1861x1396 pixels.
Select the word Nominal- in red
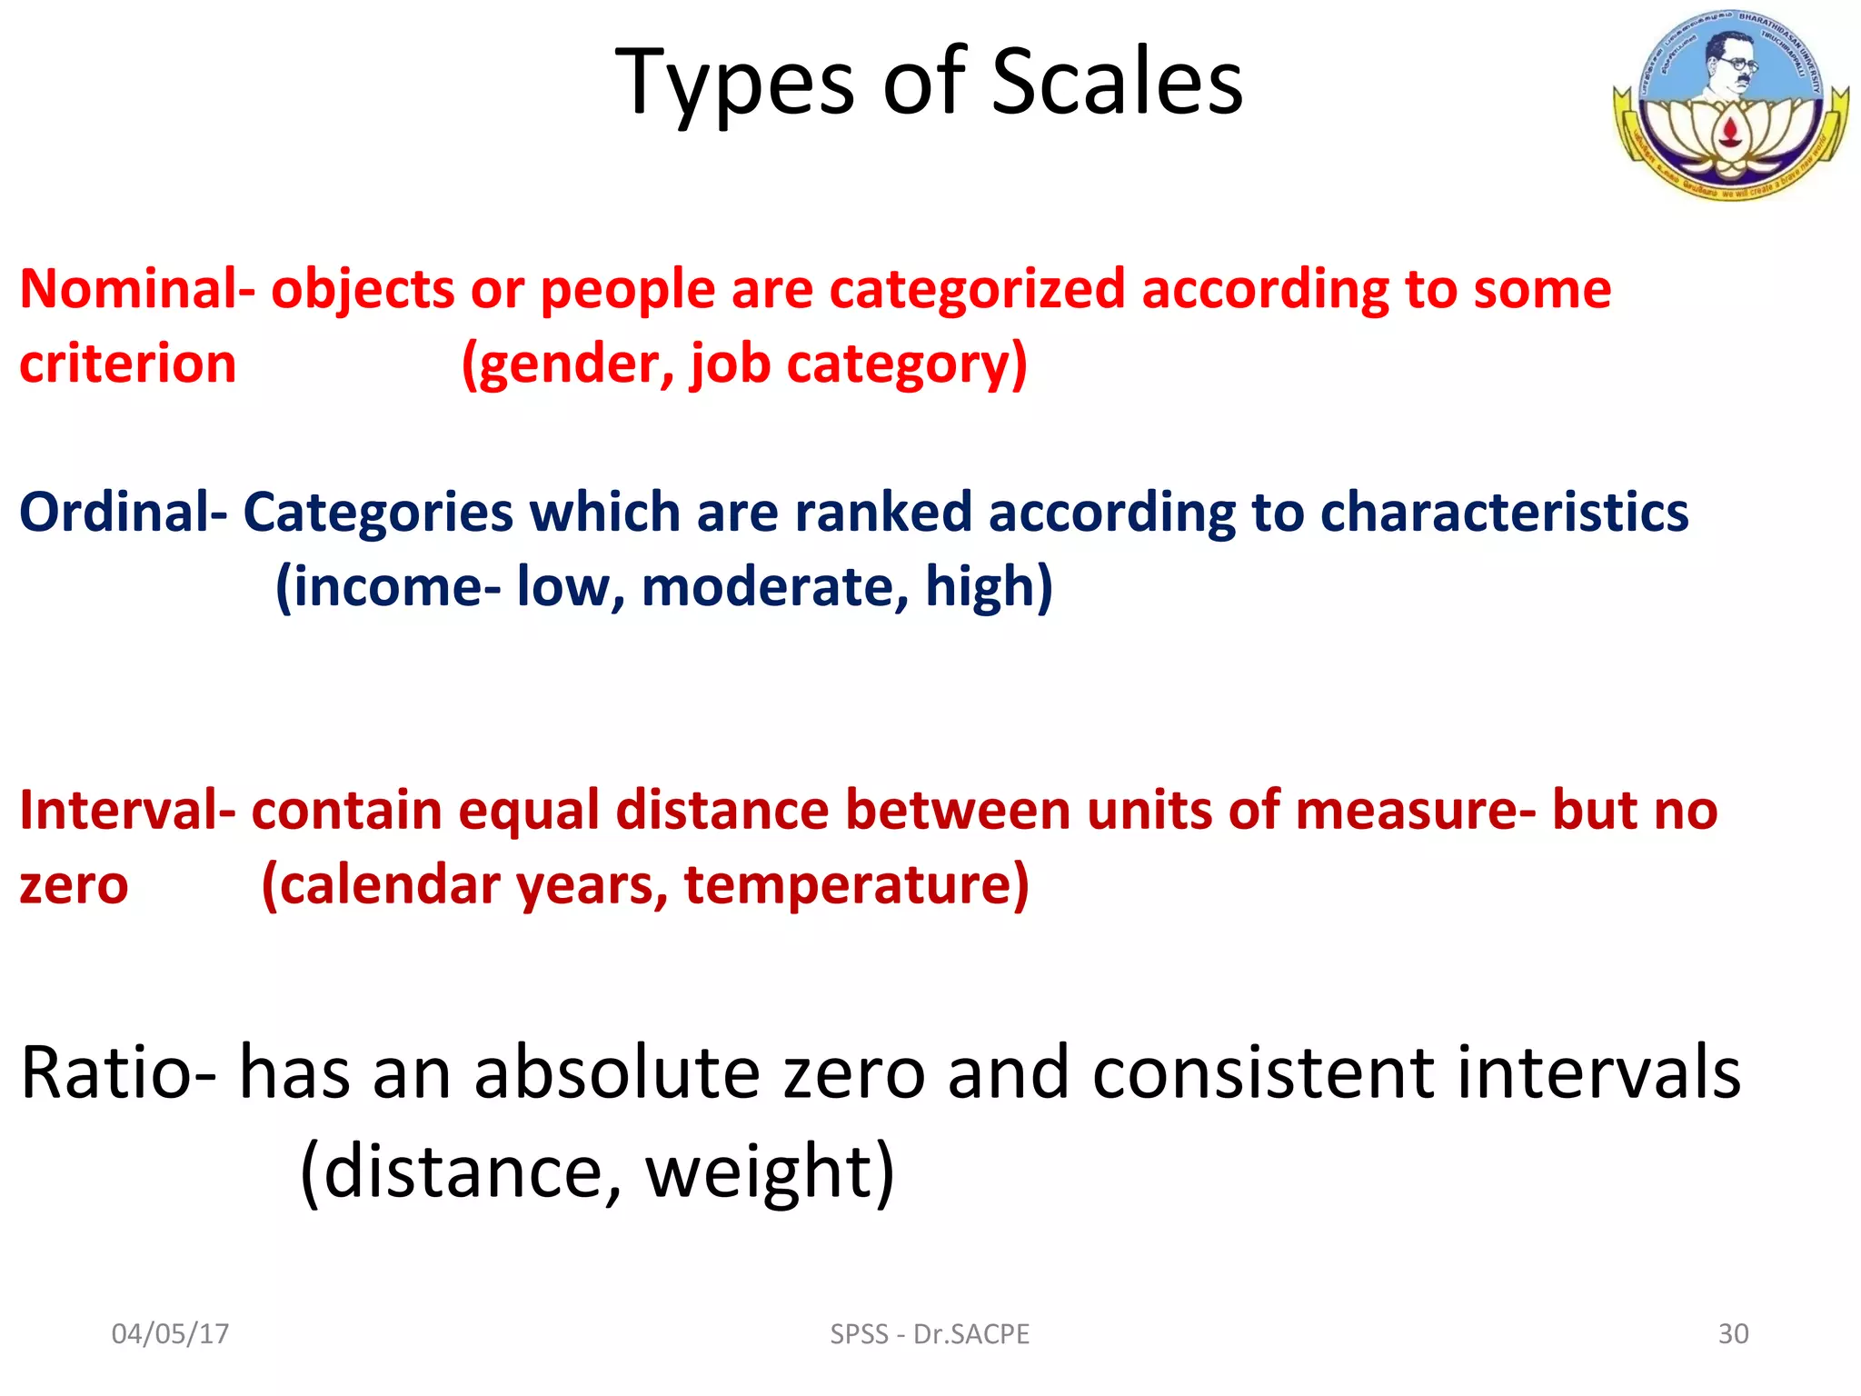(x=136, y=289)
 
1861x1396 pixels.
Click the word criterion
(x=128, y=364)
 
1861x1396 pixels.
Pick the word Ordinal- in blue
(x=123, y=512)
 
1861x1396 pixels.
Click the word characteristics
(x=1504, y=512)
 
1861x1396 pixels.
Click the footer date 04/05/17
(x=170, y=1333)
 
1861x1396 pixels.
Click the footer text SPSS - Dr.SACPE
(x=930, y=1333)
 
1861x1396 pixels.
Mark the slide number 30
(x=1733, y=1333)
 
